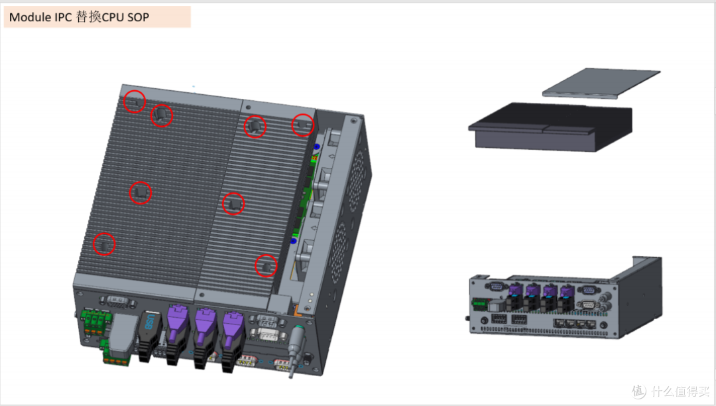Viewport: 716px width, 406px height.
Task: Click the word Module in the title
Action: pos(30,17)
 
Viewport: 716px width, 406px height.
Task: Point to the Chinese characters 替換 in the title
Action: pos(89,17)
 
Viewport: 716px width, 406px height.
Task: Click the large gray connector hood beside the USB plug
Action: pos(123,334)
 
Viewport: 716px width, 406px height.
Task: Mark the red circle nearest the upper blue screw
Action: pos(303,125)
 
